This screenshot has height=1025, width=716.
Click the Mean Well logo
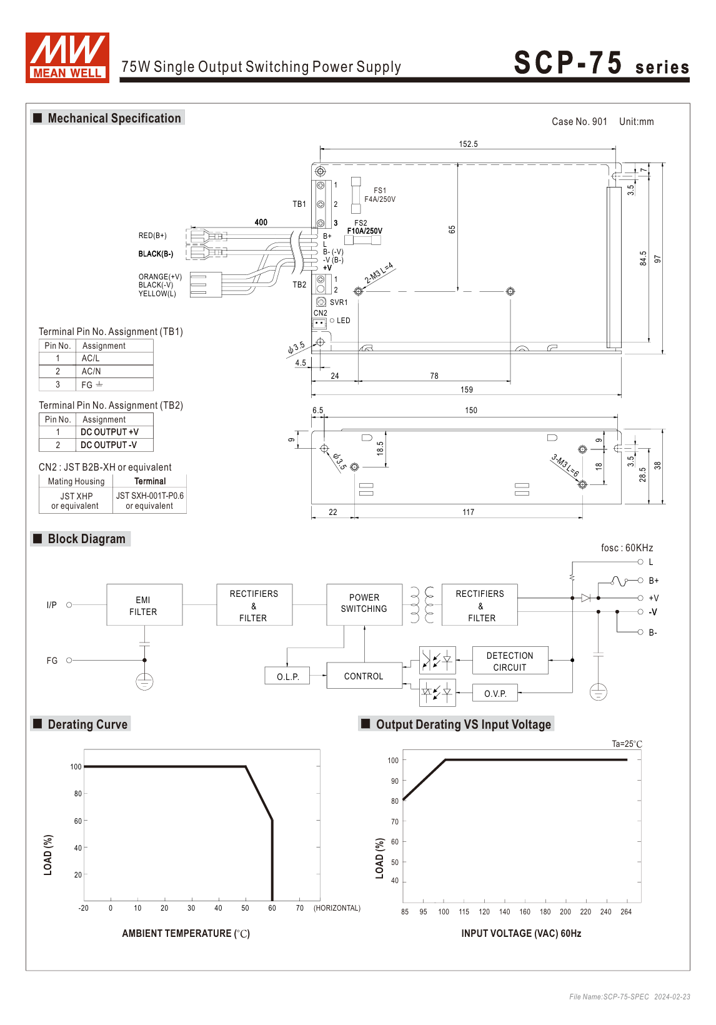(x=67, y=57)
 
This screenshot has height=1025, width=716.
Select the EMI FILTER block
(x=144, y=605)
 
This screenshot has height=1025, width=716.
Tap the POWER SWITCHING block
(x=364, y=604)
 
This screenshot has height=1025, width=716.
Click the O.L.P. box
(x=287, y=676)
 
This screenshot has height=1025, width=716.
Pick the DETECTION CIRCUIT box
(x=510, y=661)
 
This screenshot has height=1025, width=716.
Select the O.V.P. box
(x=495, y=693)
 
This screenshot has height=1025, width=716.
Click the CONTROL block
(x=364, y=676)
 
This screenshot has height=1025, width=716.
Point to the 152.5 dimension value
(x=468, y=144)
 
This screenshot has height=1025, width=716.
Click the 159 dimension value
(x=467, y=390)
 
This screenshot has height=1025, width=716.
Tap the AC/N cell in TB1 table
(x=91, y=371)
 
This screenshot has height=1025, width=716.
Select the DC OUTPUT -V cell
(x=109, y=445)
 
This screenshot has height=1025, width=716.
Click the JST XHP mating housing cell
(x=76, y=501)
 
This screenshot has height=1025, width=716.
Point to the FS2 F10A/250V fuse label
(x=364, y=227)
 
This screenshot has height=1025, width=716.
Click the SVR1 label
(x=339, y=302)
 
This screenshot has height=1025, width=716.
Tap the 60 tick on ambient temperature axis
(x=272, y=908)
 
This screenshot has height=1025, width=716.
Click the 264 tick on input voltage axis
(x=626, y=912)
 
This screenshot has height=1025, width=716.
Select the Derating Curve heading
(x=87, y=724)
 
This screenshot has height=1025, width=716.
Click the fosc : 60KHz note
(x=627, y=548)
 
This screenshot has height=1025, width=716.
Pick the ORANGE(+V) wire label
(x=160, y=277)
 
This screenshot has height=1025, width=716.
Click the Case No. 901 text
(x=579, y=122)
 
